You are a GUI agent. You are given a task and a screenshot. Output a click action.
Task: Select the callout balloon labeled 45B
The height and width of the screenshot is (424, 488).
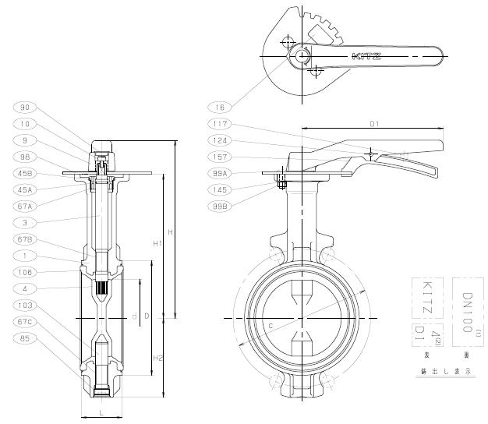[25, 174]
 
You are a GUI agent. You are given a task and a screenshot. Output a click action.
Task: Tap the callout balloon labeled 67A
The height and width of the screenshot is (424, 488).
[25, 206]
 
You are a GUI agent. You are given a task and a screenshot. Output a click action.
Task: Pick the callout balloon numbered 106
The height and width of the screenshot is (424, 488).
[25, 272]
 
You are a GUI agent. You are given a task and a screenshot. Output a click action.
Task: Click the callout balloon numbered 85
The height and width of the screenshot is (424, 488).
[25, 338]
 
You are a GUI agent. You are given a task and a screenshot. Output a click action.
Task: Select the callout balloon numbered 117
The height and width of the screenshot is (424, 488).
[221, 124]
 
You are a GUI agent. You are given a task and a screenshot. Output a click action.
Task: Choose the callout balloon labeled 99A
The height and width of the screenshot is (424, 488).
[221, 173]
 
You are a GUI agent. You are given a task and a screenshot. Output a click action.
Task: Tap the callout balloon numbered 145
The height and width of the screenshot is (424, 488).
[221, 189]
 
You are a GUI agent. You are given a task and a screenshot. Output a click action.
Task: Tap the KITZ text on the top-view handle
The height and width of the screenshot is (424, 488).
[366, 55]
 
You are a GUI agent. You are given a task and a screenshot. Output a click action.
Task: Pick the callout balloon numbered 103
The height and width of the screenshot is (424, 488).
[25, 306]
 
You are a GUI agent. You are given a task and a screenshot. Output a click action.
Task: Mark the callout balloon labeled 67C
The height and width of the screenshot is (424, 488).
[25, 322]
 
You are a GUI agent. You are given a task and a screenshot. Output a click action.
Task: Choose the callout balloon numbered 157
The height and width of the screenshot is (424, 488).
[221, 157]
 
